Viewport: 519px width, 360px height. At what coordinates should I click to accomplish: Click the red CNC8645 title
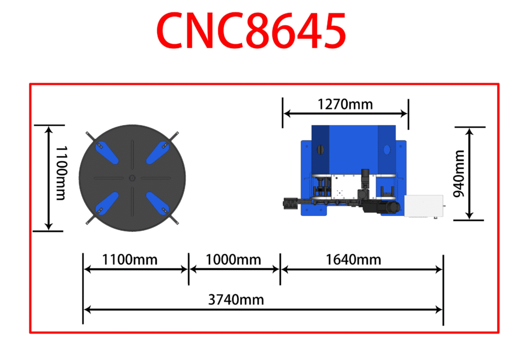[251, 30]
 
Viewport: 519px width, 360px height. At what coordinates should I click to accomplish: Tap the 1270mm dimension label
[345, 104]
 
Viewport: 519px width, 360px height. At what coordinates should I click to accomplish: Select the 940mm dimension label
[459, 173]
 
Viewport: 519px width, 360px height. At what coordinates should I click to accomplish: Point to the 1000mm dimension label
[233, 260]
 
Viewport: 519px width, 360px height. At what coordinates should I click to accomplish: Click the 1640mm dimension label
[353, 260]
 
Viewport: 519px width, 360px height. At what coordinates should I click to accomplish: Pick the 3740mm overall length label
[236, 300]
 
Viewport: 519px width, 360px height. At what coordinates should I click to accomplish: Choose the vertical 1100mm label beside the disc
[61, 173]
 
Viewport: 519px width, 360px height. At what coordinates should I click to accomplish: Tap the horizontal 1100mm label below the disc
[129, 260]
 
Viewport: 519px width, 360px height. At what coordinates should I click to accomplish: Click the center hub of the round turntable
[132, 178]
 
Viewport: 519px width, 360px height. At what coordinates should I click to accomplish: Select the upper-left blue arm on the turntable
[106, 153]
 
